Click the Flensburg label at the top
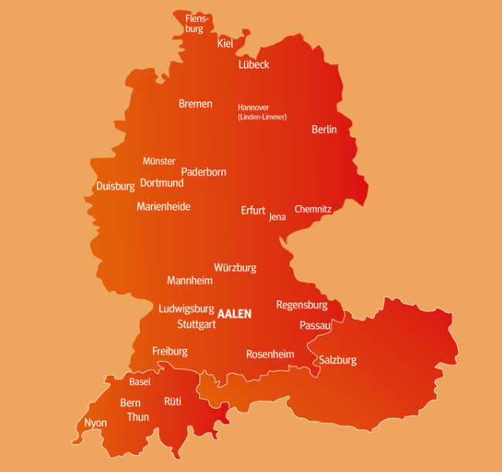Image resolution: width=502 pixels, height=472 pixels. pos(197,23)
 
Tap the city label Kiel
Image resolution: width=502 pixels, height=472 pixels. pos(225,44)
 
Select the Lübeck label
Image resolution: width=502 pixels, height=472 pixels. pos(253,65)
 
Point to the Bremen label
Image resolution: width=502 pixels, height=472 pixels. pos(195,104)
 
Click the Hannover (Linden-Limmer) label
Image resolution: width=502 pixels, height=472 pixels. pos(262,112)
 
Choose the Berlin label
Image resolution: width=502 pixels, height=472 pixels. pos(324,130)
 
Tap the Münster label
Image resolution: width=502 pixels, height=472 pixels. pos(159,161)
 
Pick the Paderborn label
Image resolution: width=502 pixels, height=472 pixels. pos(204,172)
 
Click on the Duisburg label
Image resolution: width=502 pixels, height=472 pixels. pos(115,186)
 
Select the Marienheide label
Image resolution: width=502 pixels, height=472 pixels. pos(164,207)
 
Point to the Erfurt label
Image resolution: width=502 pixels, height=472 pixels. pos(253,211)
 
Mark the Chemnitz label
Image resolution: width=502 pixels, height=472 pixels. pos(313,209)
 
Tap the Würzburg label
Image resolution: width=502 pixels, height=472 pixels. pos(235,268)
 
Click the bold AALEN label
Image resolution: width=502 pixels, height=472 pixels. pos(235,315)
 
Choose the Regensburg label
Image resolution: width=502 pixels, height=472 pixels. pos(302,305)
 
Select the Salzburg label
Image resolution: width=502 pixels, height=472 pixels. pos(337,360)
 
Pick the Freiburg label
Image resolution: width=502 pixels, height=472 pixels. pos(170,351)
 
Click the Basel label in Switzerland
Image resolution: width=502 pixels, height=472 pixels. pos(140,382)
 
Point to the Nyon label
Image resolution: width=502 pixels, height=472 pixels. pos(96,423)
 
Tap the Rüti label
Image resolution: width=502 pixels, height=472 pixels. pos(172,401)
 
